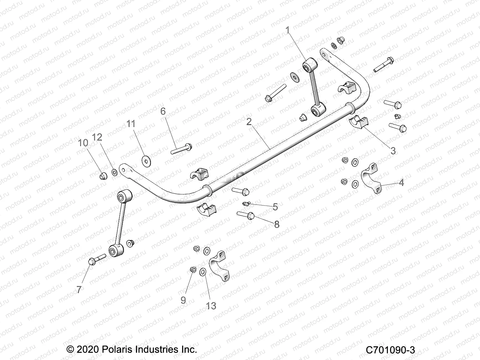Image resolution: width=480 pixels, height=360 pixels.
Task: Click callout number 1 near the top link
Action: coord(288,30)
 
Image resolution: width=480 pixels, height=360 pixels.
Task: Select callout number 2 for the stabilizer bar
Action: coord(249,121)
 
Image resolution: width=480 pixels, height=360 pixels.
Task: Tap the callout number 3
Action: coord(393,151)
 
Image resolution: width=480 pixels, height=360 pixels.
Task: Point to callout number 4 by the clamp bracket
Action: coord(401,182)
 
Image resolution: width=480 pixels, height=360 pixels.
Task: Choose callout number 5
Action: coord(275,207)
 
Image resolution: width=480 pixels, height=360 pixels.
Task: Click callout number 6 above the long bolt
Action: coord(163,111)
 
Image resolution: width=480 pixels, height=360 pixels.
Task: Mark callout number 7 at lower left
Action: coord(79,289)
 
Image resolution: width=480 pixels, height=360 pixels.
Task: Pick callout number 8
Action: coord(277,224)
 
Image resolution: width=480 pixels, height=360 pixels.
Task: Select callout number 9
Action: coord(183,300)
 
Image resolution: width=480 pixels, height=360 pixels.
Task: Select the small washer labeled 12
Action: coord(115,172)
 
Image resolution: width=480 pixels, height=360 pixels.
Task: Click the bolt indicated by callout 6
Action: coord(182,148)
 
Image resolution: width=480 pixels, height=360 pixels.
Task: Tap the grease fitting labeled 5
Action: coord(246,204)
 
